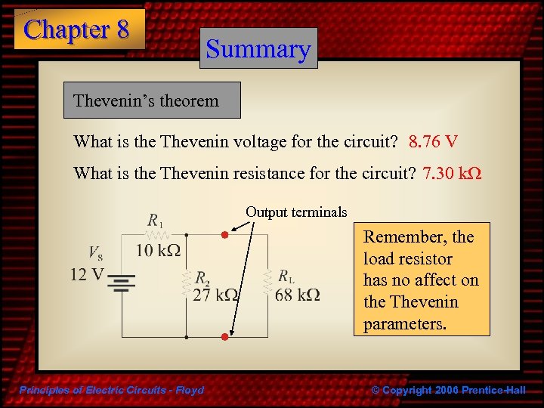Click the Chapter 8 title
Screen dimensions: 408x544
[x=77, y=29]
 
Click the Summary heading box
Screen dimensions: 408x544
[x=258, y=49]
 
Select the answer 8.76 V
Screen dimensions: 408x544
[x=433, y=142]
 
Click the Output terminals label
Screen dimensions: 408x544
[x=296, y=212]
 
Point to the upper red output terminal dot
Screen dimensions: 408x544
[x=224, y=235]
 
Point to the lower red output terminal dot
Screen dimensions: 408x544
[x=224, y=336]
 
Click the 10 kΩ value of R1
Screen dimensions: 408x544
[x=158, y=249]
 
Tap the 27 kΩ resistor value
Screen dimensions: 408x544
[x=216, y=295]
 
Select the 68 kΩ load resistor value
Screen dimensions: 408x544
[x=297, y=294]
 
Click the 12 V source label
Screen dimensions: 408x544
[x=87, y=274]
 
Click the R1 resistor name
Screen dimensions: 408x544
[x=156, y=222]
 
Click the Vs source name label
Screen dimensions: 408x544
[x=95, y=252]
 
